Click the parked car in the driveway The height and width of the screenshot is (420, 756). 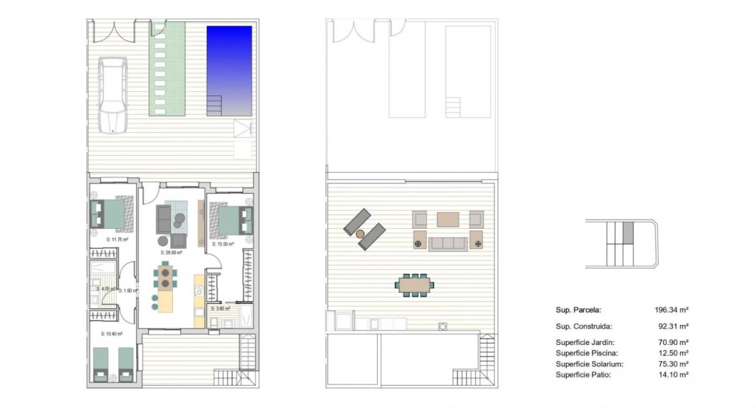112,96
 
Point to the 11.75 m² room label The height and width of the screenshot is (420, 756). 118,239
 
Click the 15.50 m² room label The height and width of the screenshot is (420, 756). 223,244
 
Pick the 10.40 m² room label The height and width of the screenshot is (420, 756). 111,333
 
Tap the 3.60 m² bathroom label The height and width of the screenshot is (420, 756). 220,309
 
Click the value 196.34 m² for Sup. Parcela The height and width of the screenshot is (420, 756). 668,310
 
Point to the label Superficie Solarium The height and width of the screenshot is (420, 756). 589,364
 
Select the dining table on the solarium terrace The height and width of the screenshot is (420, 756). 415,285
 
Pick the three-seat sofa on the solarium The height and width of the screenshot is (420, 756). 448,244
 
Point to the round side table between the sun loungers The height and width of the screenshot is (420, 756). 361,234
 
